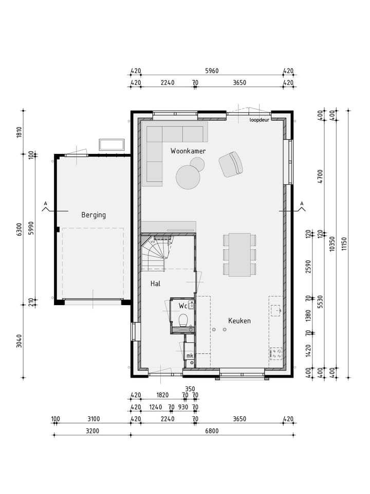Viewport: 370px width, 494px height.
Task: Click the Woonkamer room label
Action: click(188, 151)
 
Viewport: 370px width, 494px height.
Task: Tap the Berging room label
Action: click(94, 215)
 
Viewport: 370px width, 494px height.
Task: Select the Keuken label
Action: click(239, 321)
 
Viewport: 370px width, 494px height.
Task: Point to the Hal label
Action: click(156, 284)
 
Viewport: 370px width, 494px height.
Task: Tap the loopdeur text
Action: click(259, 120)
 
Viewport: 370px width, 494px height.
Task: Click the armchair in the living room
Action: click(231, 164)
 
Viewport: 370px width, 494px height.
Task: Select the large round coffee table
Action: click(188, 178)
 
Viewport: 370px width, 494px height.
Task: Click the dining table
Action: click(239, 254)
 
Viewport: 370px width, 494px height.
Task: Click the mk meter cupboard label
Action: click(189, 356)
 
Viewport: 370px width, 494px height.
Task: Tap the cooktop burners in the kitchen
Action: click(276, 353)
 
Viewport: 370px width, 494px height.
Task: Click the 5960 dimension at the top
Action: click(211, 71)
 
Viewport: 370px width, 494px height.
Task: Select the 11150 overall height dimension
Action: click(344, 243)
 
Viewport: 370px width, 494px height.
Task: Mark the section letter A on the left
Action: click(45, 204)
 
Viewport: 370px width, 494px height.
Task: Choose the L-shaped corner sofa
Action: click(164, 147)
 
